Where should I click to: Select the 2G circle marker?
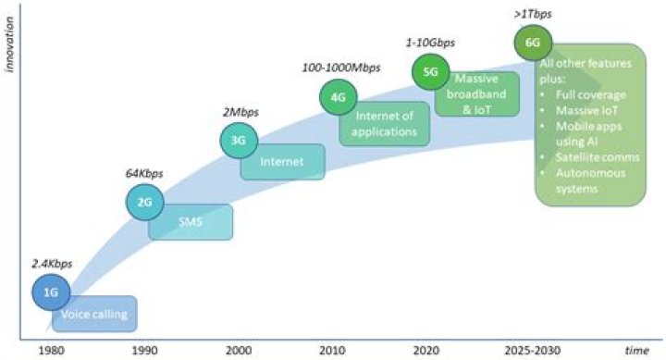pos(143,202)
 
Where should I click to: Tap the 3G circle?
pos(237,141)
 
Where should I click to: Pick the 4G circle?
pos(337,95)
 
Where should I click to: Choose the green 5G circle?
pos(430,72)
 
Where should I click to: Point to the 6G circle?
pos(534,43)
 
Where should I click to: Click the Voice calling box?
pos(97,315)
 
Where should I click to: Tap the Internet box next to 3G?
pos(283,163)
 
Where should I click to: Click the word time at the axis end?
pos(635,351)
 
